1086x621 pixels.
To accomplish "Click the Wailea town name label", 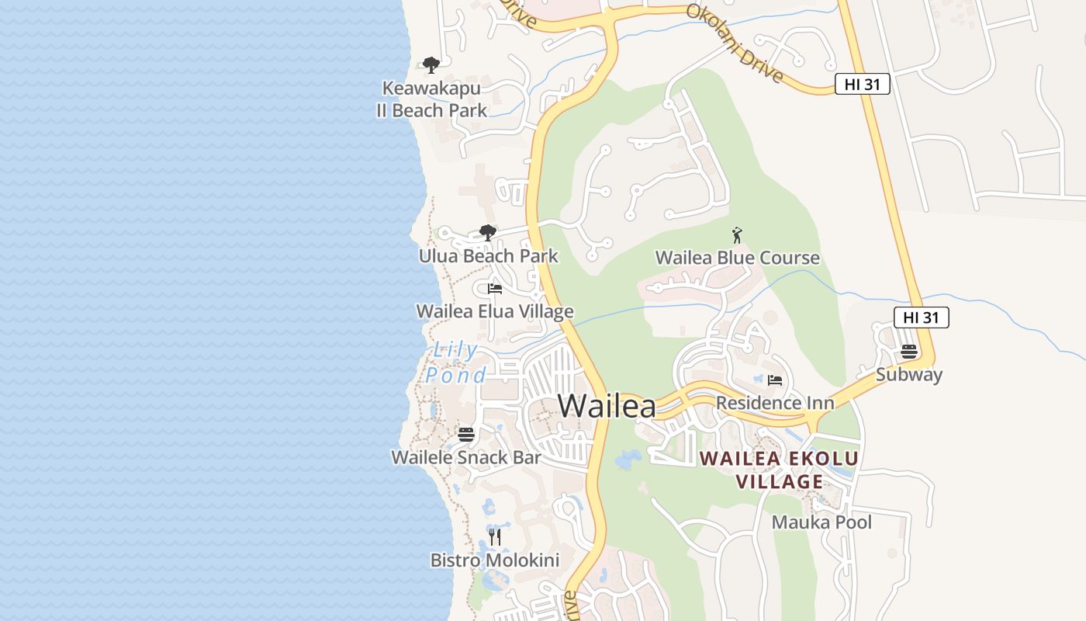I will (607, 406).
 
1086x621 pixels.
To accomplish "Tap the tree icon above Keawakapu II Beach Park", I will (431, 65).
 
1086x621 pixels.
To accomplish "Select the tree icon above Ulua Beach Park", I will (487, 232).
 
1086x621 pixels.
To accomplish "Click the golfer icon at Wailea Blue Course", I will (737, 235).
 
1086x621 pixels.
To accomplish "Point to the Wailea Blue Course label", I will (737, 258).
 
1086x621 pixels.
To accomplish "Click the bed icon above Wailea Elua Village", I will (495, 289).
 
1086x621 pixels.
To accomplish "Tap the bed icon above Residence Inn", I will (774, 380).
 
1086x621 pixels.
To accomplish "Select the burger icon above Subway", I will (909, 352).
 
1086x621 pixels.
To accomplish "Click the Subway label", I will (909, 374).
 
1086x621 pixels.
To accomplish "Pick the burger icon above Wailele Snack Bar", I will (466, 435).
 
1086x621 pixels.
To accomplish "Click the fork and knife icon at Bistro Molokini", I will (495, 536).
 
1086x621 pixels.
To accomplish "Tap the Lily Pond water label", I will (456, 363).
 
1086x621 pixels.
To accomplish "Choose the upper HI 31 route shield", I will (862, 85).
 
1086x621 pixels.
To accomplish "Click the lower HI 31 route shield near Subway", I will (921, 317).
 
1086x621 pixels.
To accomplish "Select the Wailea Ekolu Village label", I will (779, 470).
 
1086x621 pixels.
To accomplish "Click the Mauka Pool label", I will (821, 522).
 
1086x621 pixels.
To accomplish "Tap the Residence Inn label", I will (775, 403).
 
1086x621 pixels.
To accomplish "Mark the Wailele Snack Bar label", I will (466, 457).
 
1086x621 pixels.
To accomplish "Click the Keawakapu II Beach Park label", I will (431, 99).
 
